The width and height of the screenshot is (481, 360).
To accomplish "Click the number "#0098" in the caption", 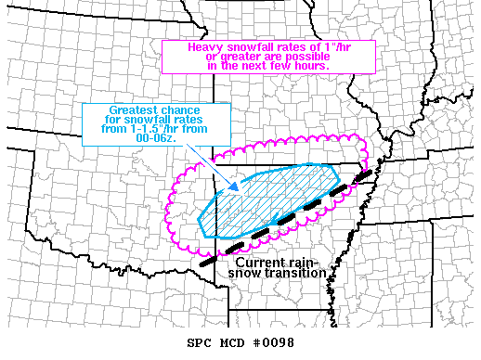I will tap(275, 343).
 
